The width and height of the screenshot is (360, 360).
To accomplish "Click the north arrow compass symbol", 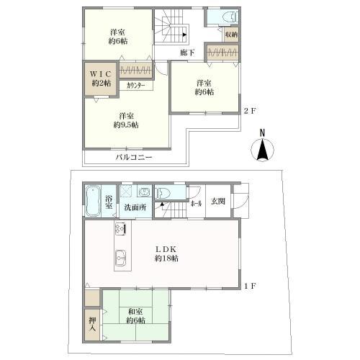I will point(263,148).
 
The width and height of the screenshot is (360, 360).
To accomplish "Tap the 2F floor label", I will point(249,110).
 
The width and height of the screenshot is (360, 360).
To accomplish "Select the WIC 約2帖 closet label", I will point(100,78).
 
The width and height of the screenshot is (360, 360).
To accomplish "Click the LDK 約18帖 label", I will point(166,253).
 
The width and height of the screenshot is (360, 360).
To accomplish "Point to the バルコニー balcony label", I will point(135,157).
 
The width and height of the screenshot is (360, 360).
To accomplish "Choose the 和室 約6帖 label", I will point(137,315).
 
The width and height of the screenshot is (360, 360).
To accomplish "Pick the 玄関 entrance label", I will point(217,202).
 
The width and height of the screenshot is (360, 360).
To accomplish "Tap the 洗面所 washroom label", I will point(135,207).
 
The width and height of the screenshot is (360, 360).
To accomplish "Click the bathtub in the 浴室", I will point(93,200).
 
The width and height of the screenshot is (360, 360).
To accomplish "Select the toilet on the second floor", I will point(230,17).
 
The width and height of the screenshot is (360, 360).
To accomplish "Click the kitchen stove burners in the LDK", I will point(120,230).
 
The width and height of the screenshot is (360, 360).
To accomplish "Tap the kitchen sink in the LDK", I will point(121,256).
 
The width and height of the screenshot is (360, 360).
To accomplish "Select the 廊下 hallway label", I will point(187,53).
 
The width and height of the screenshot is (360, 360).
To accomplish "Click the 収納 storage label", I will point(231,34).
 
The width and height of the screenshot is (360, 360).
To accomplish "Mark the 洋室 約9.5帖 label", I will point(127,120).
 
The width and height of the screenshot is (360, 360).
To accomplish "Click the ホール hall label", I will point(196,203).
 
